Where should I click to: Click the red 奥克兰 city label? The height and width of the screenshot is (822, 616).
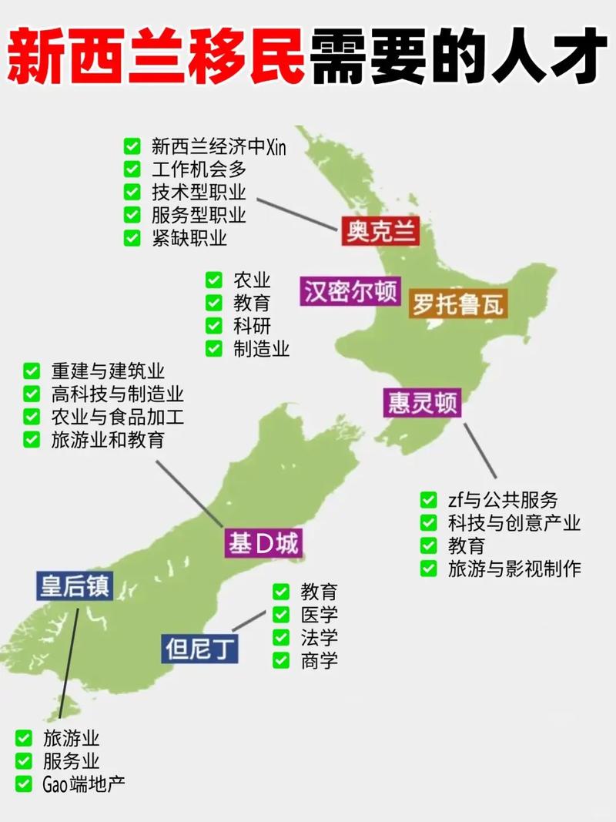380,230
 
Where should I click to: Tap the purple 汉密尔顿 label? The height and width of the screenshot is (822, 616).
350,292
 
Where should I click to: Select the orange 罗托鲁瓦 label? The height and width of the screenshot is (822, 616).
457,304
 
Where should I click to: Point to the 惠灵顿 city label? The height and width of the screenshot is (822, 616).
422,403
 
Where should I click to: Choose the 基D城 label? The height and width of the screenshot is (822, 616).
262,544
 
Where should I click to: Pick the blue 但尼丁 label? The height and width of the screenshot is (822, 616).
200,649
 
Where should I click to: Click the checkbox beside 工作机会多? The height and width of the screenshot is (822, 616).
132,169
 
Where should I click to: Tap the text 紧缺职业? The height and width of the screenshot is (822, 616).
189,238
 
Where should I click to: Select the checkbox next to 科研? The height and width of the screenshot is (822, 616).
214,326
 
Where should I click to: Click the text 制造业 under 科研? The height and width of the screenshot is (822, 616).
261,349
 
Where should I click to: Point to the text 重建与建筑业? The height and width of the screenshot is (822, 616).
108,371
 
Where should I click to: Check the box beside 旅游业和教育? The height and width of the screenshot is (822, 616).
32,440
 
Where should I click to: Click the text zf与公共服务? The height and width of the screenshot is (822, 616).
503,500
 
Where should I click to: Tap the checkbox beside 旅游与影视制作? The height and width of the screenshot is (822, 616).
429,569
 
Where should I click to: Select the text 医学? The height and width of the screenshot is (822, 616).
319,615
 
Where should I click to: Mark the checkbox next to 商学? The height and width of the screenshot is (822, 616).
281,660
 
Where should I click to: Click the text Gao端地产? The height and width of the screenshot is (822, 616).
83,784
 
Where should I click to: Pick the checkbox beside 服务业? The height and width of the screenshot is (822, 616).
24,761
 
